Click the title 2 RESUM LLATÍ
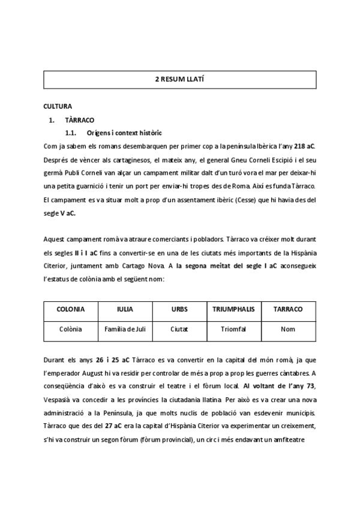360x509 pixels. click(x=180, y=79)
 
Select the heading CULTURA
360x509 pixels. click(x=58, y=106)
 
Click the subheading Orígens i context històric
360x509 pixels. click(x=124, y=133)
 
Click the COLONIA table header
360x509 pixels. click(x=70, y=309)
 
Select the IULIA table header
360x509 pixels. click(x=125, y=309)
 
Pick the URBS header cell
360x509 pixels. click(x=179, y=309)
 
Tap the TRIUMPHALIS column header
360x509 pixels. click(x=233, y=309)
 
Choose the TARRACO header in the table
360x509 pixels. click(x=288, y=309)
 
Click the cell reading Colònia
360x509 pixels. click(x=70, y=329)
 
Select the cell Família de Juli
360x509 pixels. click(x=125, y=329)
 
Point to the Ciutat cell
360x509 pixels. click(x=179, y=329)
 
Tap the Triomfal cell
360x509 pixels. click(x=233, y=329)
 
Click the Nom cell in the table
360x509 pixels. click(x=288, y=329)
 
